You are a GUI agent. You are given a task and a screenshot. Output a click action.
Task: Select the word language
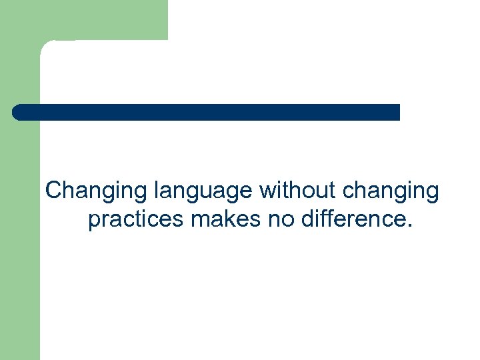(204, 191)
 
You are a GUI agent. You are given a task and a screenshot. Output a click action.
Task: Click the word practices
(136, 218)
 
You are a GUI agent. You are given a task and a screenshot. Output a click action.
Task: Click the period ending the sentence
(409, 225)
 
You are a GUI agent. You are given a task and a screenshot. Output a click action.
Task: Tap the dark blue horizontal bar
(207, 112)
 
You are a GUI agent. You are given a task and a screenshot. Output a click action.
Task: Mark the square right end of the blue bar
(397, 112)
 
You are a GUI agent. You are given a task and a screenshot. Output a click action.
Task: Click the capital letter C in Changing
(54, 191)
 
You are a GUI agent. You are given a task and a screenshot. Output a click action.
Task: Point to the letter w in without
(267, 191)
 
